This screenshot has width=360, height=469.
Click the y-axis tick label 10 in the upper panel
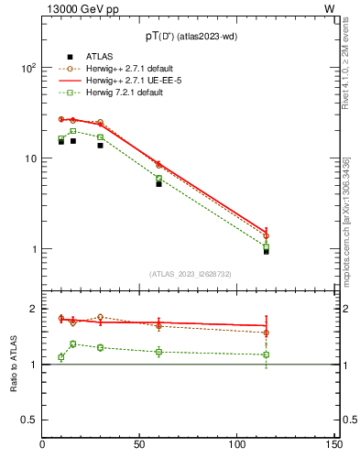coord(30,158)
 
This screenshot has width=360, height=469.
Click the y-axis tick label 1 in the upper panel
coord(33,249)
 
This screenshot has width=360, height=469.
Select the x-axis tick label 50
coord(140,444)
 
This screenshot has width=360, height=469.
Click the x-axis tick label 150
coord(333,444)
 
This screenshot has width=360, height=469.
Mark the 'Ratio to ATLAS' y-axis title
coord(15,364)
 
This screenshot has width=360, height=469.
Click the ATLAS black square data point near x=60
coord(158,184)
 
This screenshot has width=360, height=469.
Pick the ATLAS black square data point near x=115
coord(266,251)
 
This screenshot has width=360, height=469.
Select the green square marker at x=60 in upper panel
coord(158,179)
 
